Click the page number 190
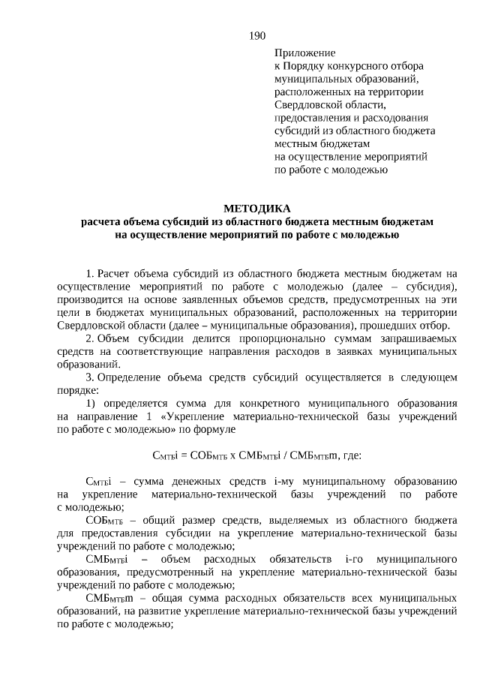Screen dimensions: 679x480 pyautogui.click(x=257, y=35)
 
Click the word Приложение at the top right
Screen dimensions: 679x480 pyautogui.click(x=305, y=54)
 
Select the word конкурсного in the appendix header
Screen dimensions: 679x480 pyautogui.click(x=356, y=66)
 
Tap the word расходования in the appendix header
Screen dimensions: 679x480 pyautogui.click(x=392, y=118)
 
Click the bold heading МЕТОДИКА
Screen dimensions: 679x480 pyautogui.click(x=256, y=208)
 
